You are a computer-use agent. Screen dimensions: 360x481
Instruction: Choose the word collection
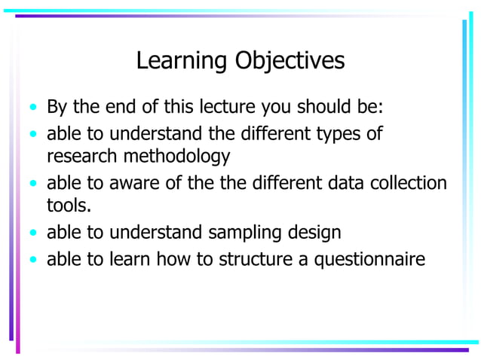(406, 183)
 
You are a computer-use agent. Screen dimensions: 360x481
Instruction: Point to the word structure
(253, 260)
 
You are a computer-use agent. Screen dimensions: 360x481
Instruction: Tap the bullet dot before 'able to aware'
(32, 184)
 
